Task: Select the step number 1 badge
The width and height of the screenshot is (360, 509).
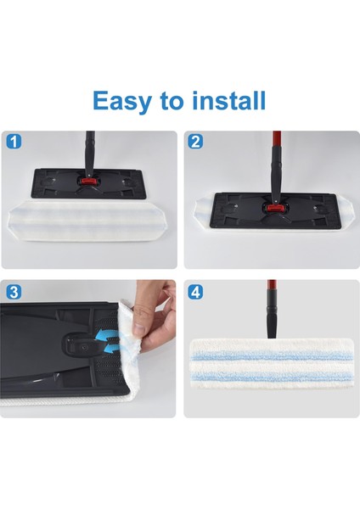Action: (13, 141)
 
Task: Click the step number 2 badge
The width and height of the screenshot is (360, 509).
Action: (195, 141)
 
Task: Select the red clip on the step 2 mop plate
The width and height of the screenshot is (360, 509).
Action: (273, 207)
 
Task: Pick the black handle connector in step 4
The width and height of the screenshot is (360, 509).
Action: (272, 322)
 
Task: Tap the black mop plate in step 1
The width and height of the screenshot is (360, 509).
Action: (51, 182)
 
